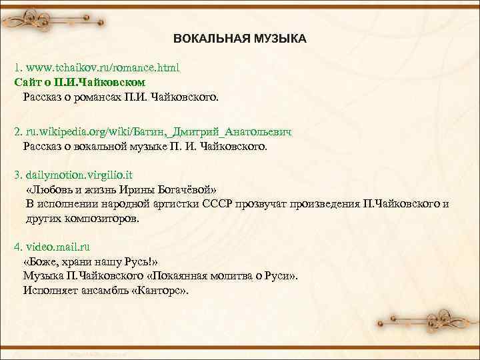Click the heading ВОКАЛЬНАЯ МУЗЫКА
click(240, 39)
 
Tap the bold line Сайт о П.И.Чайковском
click(79, 83)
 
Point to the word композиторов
click(101, 218)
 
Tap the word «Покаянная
click(180, 276)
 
